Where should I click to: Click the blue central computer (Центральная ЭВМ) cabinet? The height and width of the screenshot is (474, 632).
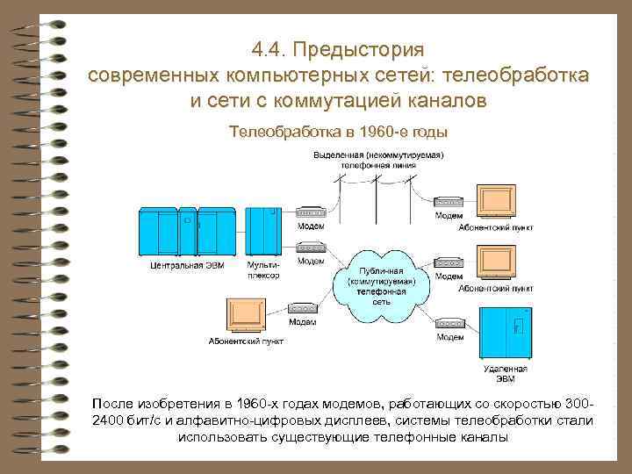pyautogui.click(x=185, y=230)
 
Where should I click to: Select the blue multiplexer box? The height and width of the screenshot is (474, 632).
pyautogui.click(x=262, y=230)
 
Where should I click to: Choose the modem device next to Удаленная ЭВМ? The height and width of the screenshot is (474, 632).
pyautogui.click(x=450, y=324)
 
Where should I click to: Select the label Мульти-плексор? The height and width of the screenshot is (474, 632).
pyautogui.click(x=263, y=269)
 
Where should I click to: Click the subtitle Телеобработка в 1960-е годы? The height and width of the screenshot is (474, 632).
pyautogui.click(x=338, y=133)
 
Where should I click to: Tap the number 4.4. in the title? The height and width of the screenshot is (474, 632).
pyautogui.click(x=268, y=48)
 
